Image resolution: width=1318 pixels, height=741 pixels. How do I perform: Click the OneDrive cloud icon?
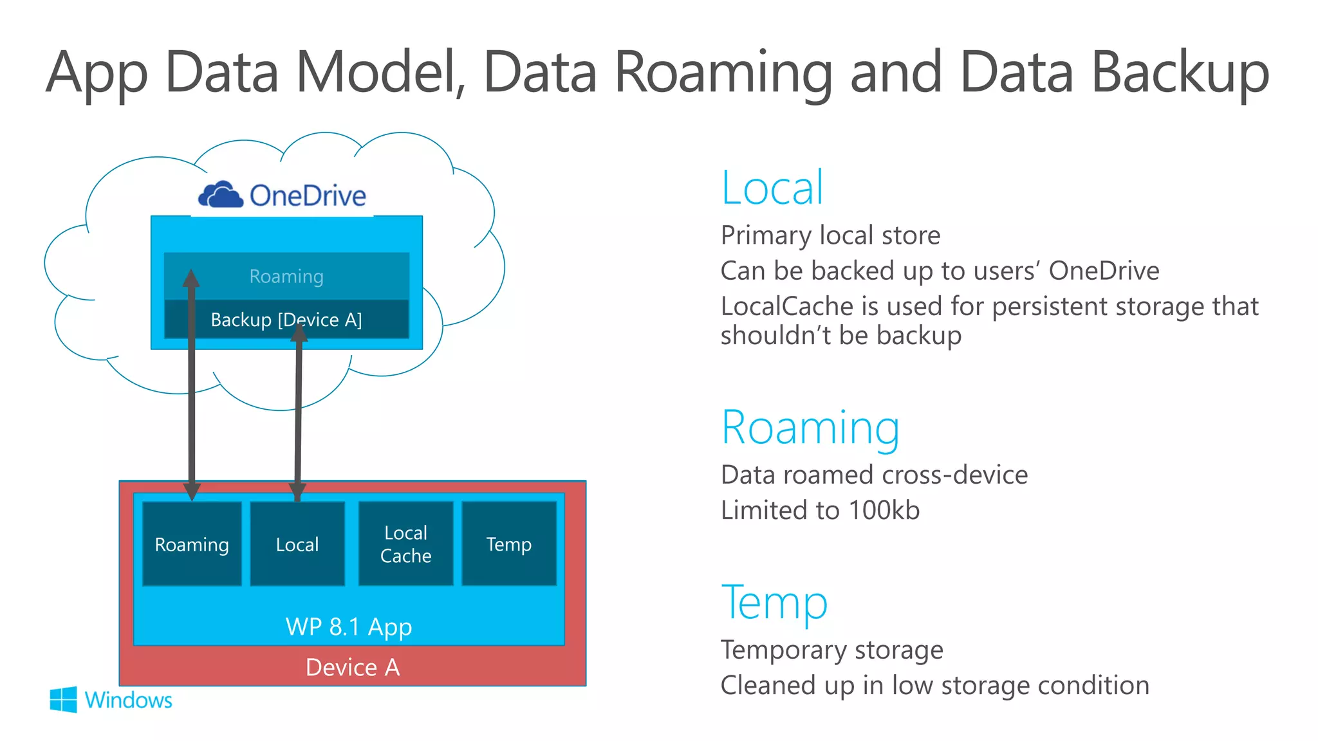pos(220,194)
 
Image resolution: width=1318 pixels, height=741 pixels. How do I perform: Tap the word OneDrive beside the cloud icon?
pos(308,196)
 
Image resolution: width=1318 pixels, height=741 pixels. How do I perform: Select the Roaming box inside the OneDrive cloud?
pos(286,277)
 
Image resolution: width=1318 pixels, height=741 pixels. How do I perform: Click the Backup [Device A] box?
pos(286,320)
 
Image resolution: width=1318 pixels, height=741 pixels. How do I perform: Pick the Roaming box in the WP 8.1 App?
pos(192,544)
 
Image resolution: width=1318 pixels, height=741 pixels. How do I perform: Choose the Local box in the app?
pos(297,544)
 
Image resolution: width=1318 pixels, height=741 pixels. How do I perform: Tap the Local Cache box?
pos(405,544)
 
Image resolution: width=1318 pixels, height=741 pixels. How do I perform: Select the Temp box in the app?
pos(509,544)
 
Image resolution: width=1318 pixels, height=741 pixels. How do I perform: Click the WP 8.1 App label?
pos(349,627)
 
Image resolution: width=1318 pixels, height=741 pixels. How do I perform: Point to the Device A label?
pos(353,667)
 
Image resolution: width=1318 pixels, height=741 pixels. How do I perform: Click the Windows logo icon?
pos(63,699)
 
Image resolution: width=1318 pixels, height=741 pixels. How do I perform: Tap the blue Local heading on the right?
pos(772,188)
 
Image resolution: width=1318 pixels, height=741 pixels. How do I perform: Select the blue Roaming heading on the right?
pos(810,428)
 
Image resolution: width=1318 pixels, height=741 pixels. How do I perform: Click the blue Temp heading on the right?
pos(774,603)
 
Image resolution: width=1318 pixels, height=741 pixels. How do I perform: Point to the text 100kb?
pos(884,510)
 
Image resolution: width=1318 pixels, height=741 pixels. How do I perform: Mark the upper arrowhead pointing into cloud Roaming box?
pos(191,279)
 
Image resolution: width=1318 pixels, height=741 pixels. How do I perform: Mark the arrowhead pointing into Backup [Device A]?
pos(300,333)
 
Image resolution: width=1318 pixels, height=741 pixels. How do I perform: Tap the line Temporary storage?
pos(831,650)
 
